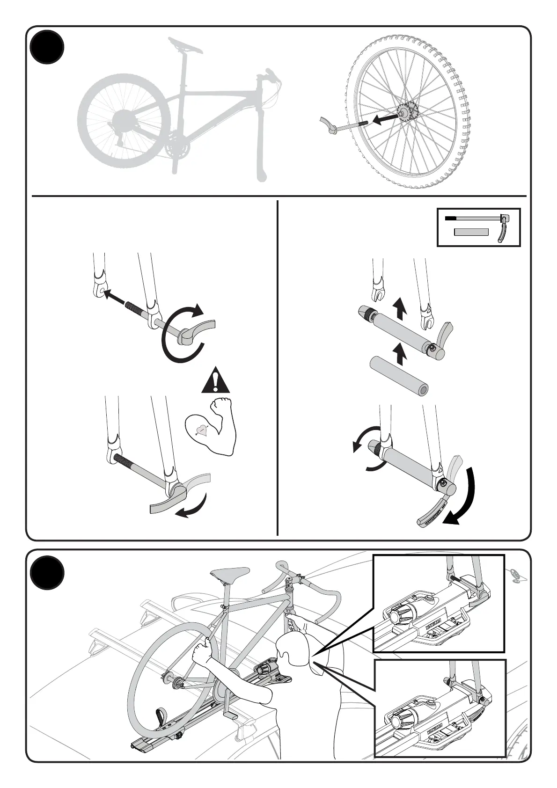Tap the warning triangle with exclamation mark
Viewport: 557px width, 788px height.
tap(215, 381)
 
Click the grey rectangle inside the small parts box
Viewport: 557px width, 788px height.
tap(471, 232)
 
